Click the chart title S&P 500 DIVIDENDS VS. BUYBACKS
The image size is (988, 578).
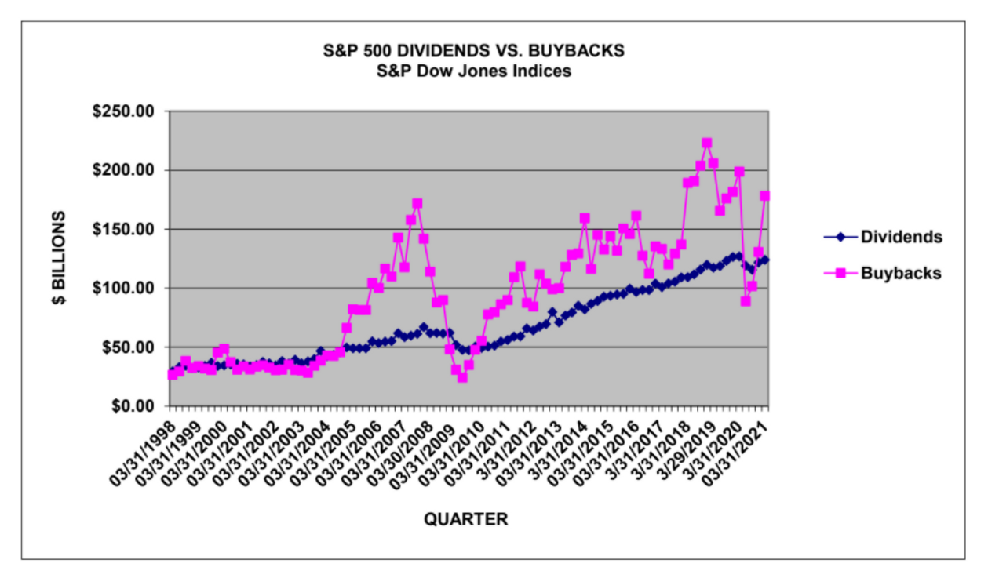point(474,51)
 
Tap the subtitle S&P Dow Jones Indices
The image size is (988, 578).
point(474,71)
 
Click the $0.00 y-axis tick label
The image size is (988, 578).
point(133,405)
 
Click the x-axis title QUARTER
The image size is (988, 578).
point(466,519)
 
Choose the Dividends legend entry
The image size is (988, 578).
point(901,237)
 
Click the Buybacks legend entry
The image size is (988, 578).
point(899,273)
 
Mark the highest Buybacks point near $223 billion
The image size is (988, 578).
point(706,144)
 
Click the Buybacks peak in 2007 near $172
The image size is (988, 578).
point(417,203)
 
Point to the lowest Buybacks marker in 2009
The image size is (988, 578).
point(462,377)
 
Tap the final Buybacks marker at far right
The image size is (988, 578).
point(764,195)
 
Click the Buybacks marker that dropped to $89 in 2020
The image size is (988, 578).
point(745,301)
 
